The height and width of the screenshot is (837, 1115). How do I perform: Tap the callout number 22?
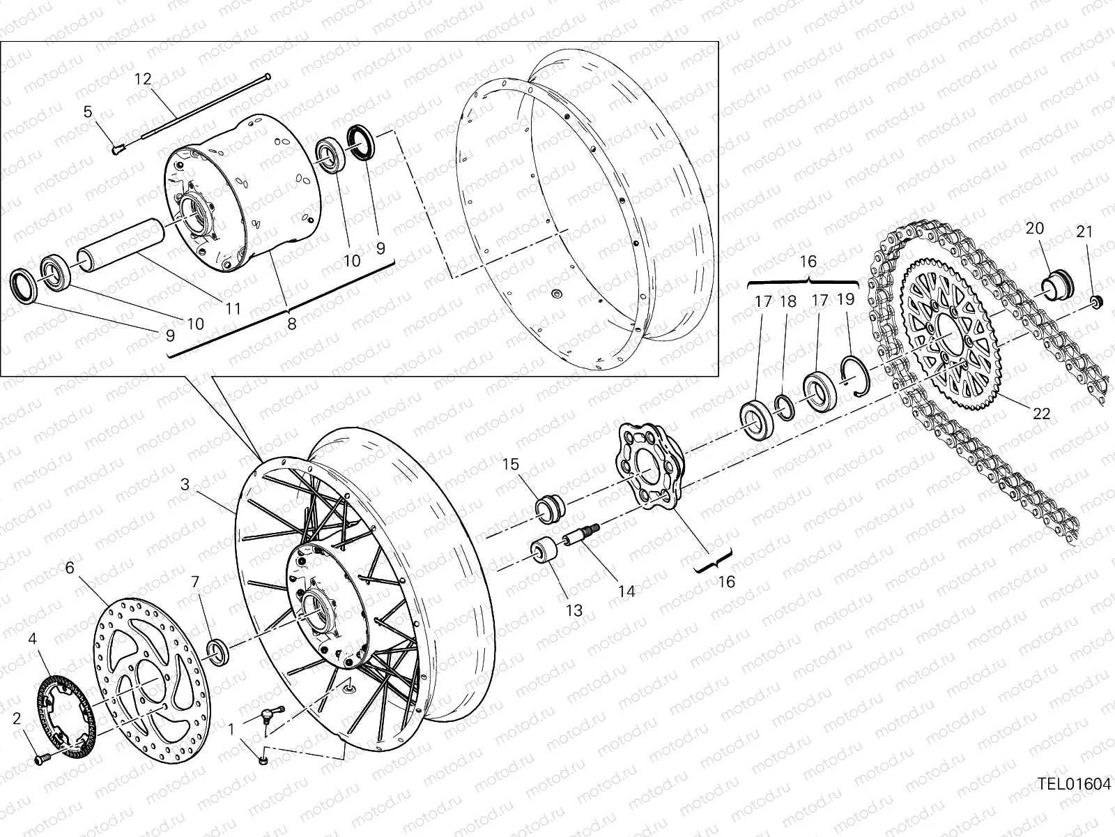(1040, 414)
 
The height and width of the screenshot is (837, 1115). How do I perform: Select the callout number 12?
(143, 79)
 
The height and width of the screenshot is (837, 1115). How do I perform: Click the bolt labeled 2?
(40, 757)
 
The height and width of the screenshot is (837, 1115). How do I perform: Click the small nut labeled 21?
(1095, 301)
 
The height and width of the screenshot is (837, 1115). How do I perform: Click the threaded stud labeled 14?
(581, 537)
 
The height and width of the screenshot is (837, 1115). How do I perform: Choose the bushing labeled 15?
(551, 506)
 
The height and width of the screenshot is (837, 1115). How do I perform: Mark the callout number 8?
(291, 323)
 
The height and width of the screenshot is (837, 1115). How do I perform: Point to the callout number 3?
(185, 485)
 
